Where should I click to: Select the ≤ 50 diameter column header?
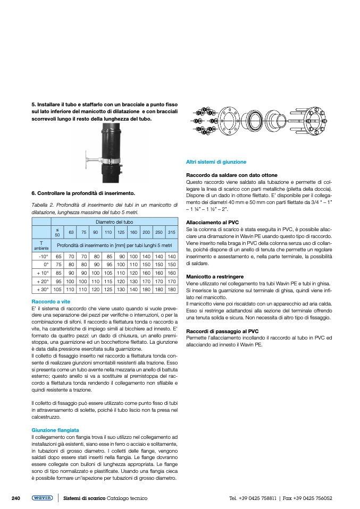(x=57, y=232)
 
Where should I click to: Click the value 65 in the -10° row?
(x=57, y=256)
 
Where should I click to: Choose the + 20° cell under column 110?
(x=108, y=282)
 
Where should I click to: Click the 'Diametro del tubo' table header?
(x=114, y=221)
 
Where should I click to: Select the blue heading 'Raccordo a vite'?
(x=51, y=301)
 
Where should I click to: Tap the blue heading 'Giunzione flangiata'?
(x=55, y=429)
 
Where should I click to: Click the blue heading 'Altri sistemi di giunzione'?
(x=216, y=162)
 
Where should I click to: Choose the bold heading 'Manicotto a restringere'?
(x=215, y=277)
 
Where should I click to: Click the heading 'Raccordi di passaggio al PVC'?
(x=222, y=332)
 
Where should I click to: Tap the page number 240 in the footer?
(x=15, y=498)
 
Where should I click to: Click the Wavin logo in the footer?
(x=42, y=498)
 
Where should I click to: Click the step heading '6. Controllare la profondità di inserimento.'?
(x=83, y=193)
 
